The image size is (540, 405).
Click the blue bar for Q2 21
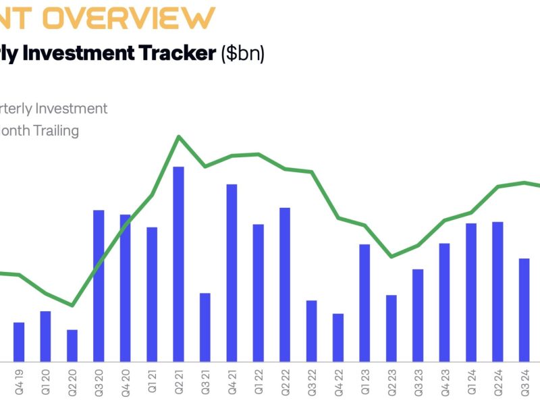coord(179,263)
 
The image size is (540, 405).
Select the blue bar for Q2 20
coord(72,345)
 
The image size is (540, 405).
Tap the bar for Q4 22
coord(338,337)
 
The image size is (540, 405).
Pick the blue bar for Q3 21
coord(205,327)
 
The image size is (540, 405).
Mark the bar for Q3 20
coord(99,285)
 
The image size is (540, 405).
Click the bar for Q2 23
coord(391,328)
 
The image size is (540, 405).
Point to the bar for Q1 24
coord(471,292)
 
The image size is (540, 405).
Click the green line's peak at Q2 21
coord(179,137)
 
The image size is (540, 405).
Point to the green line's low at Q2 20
coord(72,305)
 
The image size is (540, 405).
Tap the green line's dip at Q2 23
coord(391,256)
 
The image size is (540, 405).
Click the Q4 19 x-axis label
coord(19,380)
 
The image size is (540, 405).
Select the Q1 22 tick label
coord(259,380)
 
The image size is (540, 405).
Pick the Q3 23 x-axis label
coord(418,380)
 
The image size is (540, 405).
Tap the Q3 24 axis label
coord(524,380)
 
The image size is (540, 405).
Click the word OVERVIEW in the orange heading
coord(132,18)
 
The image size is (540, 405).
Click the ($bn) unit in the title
coord(243,54)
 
